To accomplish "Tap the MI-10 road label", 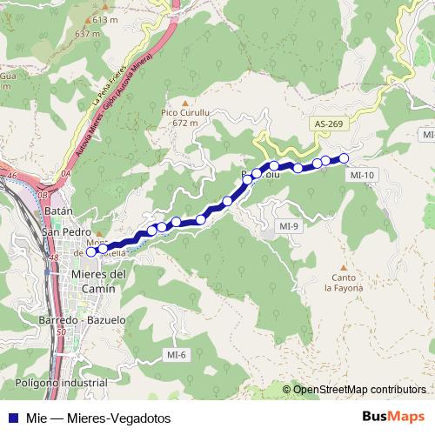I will pos(361,175).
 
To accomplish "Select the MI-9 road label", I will pos(289,226).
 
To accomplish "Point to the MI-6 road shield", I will pos(177,354).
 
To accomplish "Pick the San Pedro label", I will pos(66,232).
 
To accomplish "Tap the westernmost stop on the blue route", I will pos(91,252).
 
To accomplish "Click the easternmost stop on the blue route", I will pos(344,157).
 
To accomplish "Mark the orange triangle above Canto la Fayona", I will pos(344,268).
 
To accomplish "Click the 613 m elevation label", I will pos(104,19).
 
